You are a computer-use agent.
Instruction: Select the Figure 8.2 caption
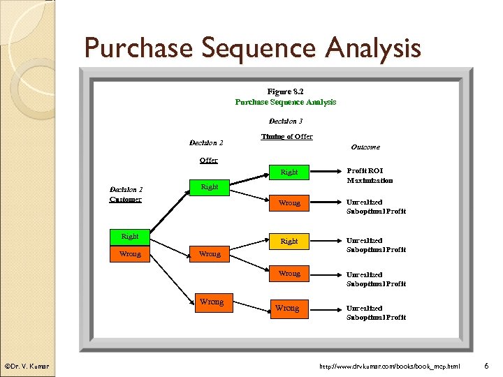(285, 91)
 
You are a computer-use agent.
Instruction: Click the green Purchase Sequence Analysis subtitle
(285, 102)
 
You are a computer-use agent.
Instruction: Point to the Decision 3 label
(286, 121)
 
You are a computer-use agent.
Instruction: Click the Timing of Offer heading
(286, 136)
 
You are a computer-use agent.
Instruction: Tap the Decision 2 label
(206, 143)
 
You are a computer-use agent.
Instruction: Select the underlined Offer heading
(208, 160)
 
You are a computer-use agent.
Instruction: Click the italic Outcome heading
(365, 147)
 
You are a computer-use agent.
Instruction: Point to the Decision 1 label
(126, 188)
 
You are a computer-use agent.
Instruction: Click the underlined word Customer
(126, 199)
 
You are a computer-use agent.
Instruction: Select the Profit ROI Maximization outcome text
(370, 175)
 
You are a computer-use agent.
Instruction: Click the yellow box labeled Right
(289, 241)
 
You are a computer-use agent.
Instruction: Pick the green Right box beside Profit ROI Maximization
(289, 172)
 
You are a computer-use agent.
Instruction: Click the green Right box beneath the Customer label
(130, 237)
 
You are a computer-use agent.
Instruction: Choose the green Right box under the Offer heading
(209, 186)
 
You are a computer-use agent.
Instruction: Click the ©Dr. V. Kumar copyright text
(26, 367)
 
